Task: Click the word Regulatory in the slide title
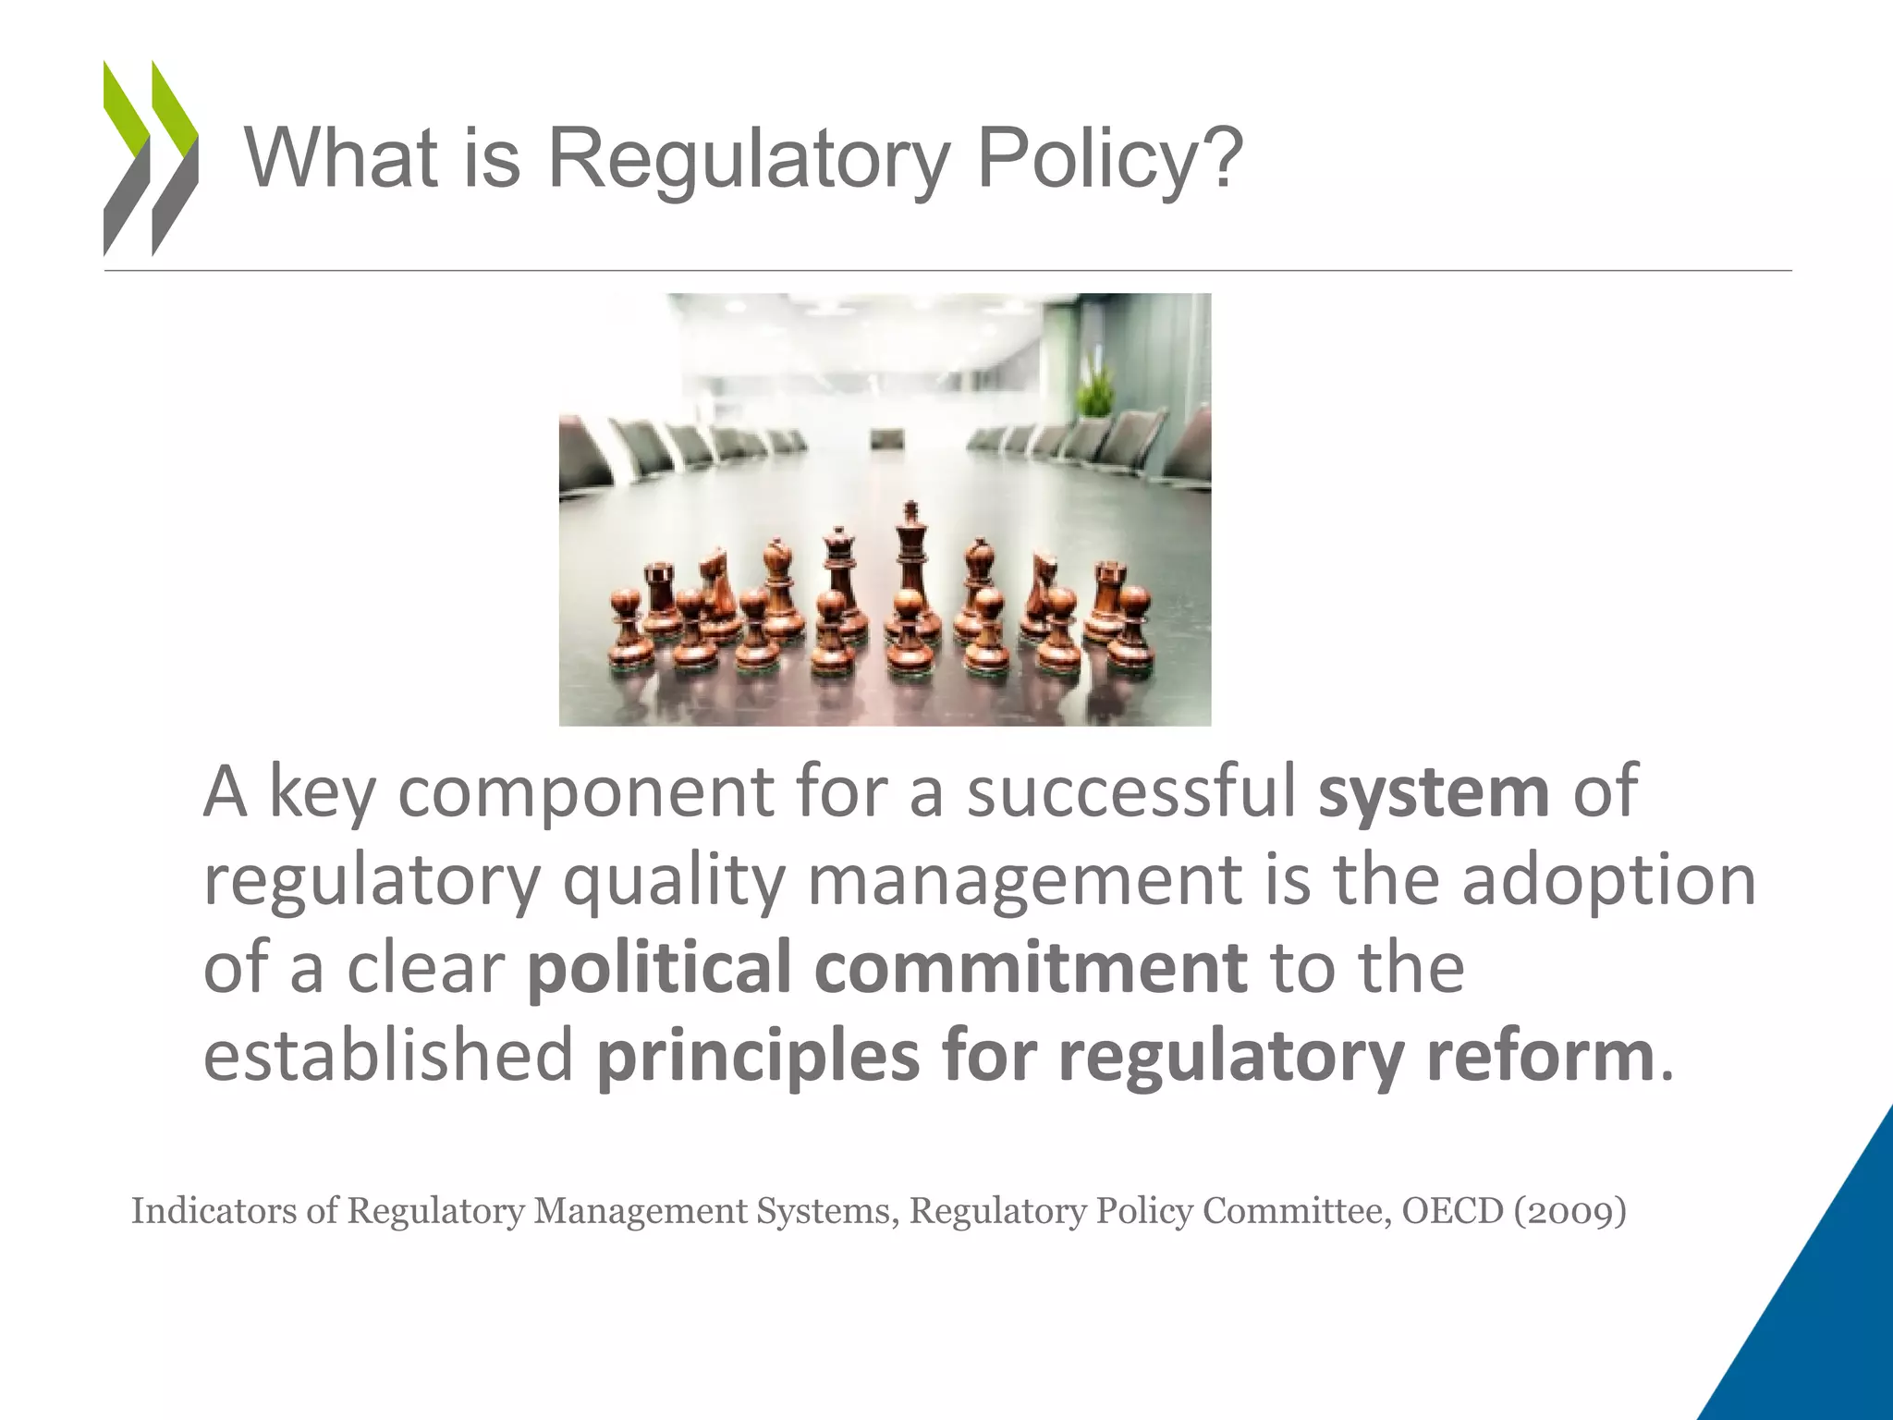[x=749, y=159]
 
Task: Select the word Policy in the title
[x=1085, y=159]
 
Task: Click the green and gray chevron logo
[x=151, y=157]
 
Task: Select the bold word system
[x=1434, y=792]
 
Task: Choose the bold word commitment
[x=1031, y=966]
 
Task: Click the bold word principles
[x=758, y=1056]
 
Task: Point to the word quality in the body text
[x=674, y=881]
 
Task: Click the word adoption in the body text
[x=1608, y=881]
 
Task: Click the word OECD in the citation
[x=1452, y=1211]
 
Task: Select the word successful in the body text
[x=1131, y=792]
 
